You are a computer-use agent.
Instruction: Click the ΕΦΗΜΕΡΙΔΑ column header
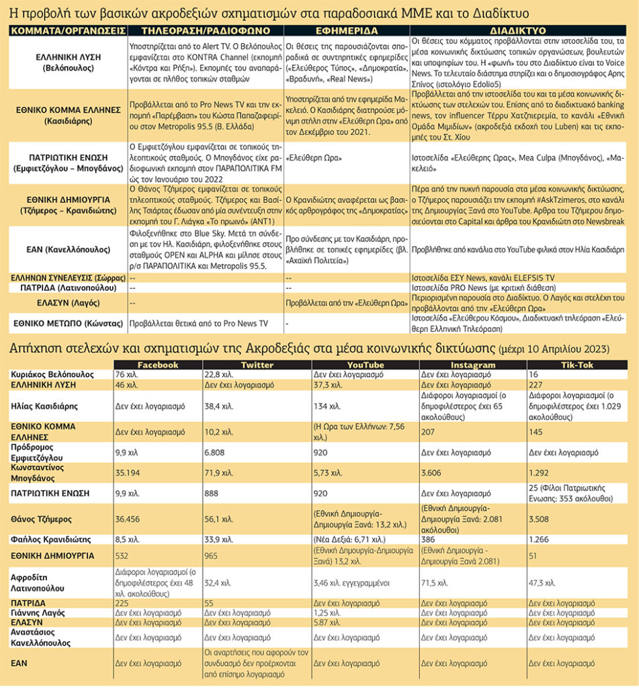(x=346, y=31)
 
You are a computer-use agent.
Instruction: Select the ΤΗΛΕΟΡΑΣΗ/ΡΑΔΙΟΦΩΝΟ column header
(x=204, y=31)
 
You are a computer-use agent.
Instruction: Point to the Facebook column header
(x=158, y=365)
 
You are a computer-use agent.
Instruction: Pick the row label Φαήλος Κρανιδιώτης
(x=48, y=538)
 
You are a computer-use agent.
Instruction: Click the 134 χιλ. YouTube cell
(x=325, y=406)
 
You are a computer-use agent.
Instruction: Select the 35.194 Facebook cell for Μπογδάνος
(x=130, y=472)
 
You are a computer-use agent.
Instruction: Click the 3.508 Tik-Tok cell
(x=542, y=519)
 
